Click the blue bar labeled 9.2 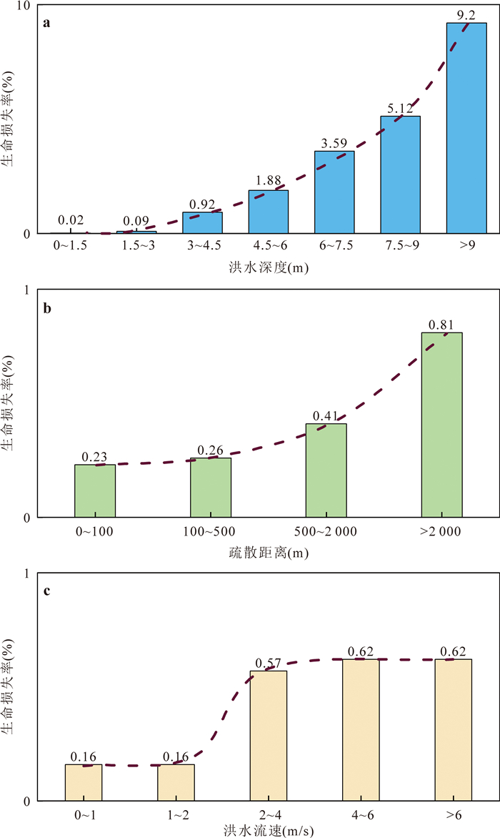click(466, 129)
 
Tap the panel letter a click(47, 22)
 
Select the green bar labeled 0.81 click(441, 425)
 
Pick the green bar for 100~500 click(211, 487)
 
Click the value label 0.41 click(326, 416)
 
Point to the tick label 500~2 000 click(326, 531)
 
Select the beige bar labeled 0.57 click(269, 736)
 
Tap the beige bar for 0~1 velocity click(84, 782)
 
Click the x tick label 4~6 click(361, 814)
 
